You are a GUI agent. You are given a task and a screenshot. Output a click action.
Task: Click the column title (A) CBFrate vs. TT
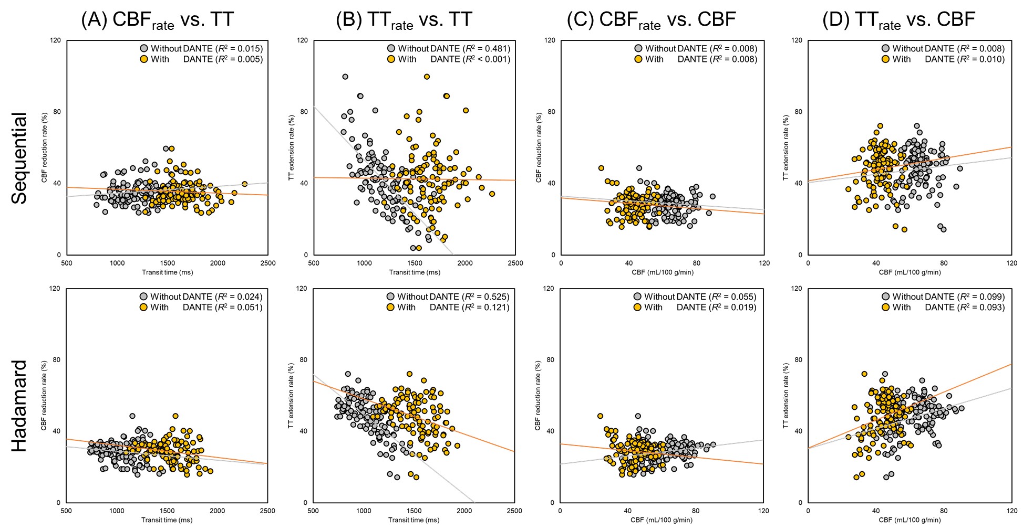(x=157, y=20)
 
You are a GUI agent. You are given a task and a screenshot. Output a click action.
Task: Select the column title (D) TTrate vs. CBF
(x=898, y=20)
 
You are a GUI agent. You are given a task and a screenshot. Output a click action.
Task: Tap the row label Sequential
(x=19, y=158)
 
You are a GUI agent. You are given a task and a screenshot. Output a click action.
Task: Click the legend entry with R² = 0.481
(x=448, y=48)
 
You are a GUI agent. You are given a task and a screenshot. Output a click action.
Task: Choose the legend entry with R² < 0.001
(x=448, y=59)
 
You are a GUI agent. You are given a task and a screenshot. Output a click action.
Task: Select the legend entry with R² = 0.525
(x=448, y=296)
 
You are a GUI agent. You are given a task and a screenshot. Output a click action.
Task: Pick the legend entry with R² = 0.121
(x=448, y=308)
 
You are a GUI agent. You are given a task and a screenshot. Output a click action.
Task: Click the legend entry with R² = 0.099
(x=943, y=296)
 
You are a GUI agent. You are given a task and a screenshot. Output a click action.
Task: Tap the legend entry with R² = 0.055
(x=695, y=296)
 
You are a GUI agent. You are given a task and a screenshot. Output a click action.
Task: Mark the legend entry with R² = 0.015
(x=201, y=48)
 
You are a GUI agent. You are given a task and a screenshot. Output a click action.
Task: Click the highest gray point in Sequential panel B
(x=345, y=77)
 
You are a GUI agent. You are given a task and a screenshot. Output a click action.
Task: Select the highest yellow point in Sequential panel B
(x=427, y=77)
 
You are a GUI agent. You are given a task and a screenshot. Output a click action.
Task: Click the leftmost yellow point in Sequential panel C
(x=601, y=168)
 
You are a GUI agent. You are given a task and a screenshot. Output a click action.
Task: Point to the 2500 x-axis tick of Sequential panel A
(x=268, y=263)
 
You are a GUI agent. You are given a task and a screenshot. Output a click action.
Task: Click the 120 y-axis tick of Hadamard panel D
(x=797, y=289)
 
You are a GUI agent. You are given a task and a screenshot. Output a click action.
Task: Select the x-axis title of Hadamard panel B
(x=414, y=520)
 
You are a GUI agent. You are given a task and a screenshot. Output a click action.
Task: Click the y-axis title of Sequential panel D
(x=786, y=148)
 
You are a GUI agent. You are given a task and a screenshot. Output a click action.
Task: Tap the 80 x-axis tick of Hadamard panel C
(x=696, y=511)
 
